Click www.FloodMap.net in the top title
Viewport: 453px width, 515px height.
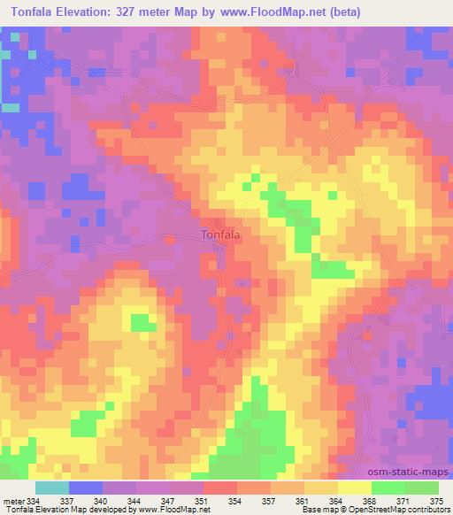(281, 10)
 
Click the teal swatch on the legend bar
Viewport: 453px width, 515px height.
(52, 488)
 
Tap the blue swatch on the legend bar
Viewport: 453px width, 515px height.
(86, 488)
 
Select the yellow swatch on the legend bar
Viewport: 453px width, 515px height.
(354, 488)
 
